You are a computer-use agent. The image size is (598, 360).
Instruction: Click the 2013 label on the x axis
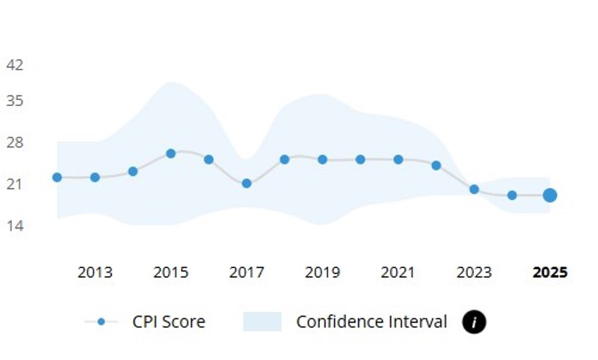point(95,273)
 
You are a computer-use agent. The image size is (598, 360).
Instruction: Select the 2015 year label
point(170,273)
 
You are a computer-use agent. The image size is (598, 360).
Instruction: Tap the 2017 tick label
point(247,273)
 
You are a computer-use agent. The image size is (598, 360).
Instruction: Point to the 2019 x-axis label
point(322,273)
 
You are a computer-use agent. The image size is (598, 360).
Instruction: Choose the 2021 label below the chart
point(398,273)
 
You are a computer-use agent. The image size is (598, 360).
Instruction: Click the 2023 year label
point(474,273)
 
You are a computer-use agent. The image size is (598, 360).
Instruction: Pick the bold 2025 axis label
point(549,273)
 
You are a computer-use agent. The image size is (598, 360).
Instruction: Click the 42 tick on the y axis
point(15,65)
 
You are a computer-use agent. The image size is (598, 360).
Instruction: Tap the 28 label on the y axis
point(15,143)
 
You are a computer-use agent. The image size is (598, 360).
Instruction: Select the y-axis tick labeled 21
point(15,184)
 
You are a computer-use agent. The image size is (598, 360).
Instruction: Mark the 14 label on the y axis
point(15,225)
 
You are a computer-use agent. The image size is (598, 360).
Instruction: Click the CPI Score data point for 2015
point(170,153)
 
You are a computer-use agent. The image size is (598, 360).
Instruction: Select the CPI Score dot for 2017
point(247,183)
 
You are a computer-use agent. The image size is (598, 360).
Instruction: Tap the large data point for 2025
point(549,195)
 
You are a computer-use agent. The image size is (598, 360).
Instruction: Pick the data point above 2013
point(95,177)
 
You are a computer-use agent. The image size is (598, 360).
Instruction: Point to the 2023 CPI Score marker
point(474,189)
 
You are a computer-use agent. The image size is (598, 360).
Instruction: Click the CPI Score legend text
point(169,322)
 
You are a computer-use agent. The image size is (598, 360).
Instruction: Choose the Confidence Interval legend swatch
point(262,322)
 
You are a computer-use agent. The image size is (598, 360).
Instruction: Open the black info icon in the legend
point(474,322)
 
